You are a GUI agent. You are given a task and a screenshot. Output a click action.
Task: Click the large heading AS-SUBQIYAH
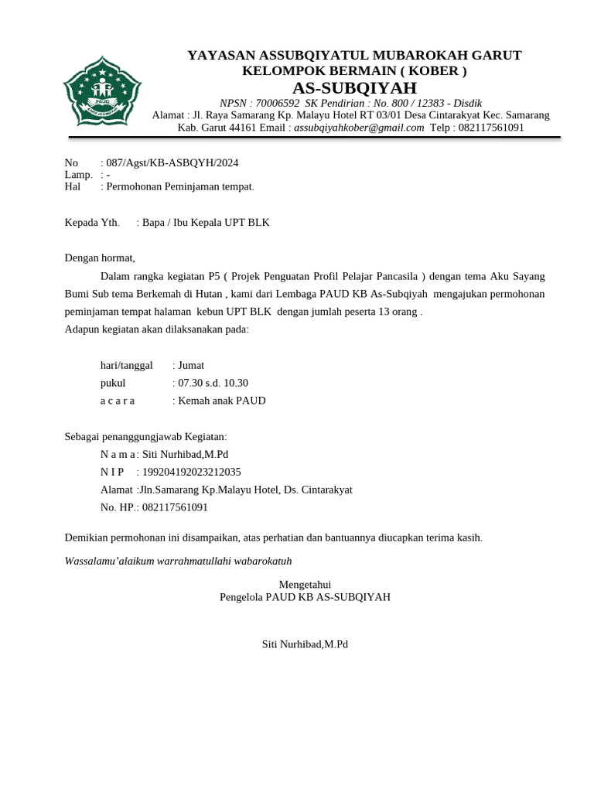(x=354, y=87)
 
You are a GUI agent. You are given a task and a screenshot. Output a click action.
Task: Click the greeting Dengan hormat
(x=99, y=258)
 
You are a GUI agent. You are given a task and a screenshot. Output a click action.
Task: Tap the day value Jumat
(x=191, y=365)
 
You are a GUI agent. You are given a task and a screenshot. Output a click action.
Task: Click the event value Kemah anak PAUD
(x=222, y=401)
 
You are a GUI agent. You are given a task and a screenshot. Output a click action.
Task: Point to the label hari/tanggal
(x=126, y=365)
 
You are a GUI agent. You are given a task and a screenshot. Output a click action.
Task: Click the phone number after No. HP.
(x=175, y=507)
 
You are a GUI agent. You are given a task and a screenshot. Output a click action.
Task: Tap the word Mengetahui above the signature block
(x=304, y=585)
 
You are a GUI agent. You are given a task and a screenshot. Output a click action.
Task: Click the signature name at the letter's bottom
(x=306, y=644)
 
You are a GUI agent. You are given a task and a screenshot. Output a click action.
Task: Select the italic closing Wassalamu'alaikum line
(x=178, y=561)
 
